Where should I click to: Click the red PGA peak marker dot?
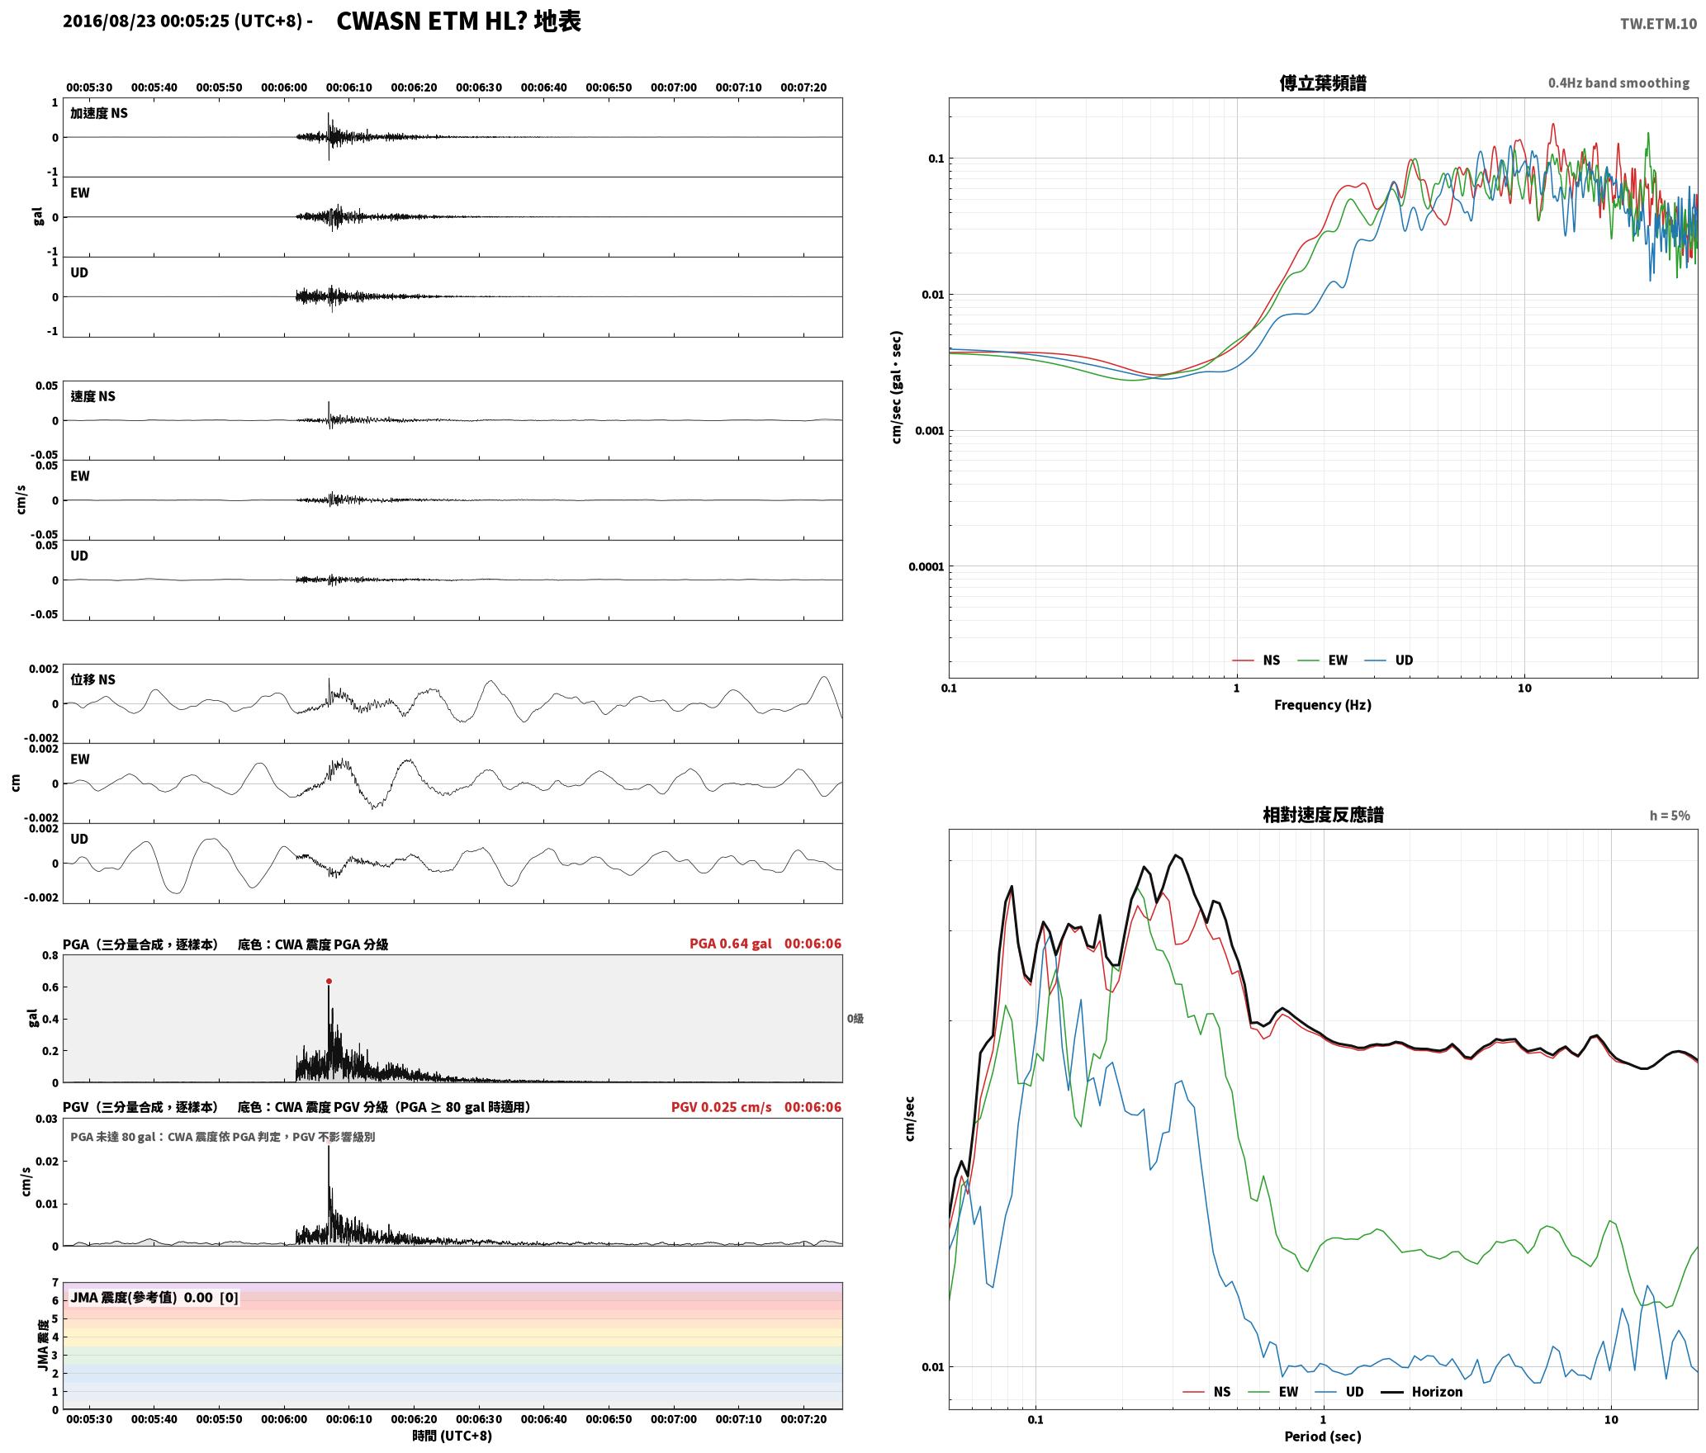click(x=329, y=982)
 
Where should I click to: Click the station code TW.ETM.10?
click(x=1658, y=24)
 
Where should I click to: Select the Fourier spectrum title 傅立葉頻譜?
click(x=1322, y=83)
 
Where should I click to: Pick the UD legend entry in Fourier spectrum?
click(x=1388, y=660)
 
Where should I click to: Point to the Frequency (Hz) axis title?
click(x=1322, y=704)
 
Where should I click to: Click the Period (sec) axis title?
click(x=1322, y=1436)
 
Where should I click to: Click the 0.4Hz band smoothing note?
click(x=1618, y=83)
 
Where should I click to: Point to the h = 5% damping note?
click(x=1670, y=816)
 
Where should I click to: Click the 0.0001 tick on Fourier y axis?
click(x=925, y=566)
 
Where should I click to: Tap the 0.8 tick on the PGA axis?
click(x=50, y=956)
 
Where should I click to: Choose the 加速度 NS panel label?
click(x=99, y=113)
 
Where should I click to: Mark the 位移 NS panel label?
click(x=93, y=679)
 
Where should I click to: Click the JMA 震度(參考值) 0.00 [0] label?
click(x=154, y=1297)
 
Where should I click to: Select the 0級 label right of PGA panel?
click(x=855, y=1019)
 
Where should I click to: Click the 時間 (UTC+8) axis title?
click(x=453, y=1436)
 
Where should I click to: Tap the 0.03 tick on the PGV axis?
click(x=47, y=1119)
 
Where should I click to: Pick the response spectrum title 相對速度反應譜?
click(x=1323, y=815)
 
